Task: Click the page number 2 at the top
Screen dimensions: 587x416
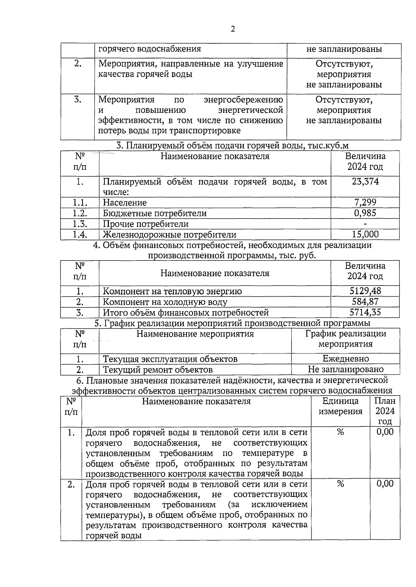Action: [233, 29]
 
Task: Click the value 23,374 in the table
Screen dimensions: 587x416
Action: [365, 181]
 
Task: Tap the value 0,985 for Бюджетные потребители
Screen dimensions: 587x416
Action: [365, 213]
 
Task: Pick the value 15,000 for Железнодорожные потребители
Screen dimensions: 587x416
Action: [365, 234]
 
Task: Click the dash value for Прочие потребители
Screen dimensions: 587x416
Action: [365, 224]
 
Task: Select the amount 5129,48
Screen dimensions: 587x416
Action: [365, 291]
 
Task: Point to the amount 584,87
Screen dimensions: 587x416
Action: [365, 301]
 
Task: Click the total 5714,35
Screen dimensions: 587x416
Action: [365, 312]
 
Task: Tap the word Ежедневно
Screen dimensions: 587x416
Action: [346, 358]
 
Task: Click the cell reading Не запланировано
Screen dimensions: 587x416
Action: [346, 369]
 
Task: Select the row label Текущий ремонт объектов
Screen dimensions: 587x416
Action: [158, 369]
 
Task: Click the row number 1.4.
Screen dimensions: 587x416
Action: [80, 235]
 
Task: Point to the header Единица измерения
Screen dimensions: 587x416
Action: [340, 406]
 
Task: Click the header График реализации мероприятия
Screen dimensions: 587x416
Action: [346, 339]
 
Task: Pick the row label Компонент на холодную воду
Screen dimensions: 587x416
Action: [165, 302]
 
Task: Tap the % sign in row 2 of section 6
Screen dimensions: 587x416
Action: [340, 484]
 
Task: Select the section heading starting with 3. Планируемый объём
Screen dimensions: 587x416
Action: [232, 146]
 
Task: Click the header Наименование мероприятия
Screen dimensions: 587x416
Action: [195, 334]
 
